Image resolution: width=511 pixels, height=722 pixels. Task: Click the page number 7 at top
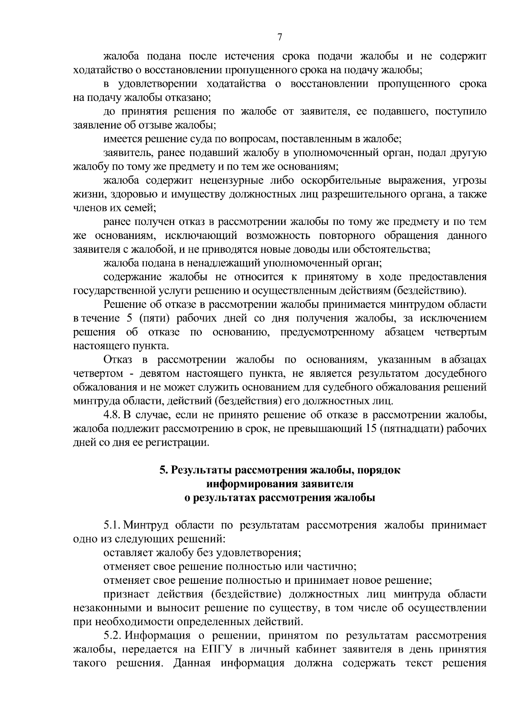click(x=280, y=37)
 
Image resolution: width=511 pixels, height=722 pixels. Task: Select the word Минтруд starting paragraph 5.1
click(x=146, y=526)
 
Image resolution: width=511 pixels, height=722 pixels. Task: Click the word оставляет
click(x=128, y=553)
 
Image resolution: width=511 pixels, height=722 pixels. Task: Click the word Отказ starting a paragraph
click(x=118, y=360)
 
